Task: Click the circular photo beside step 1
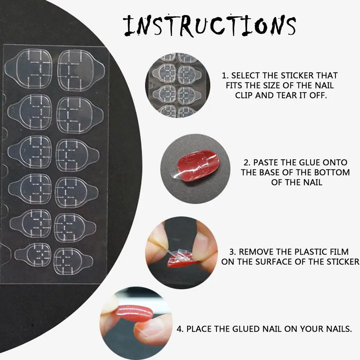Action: click(178, 85)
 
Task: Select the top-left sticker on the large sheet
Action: click(28, 69)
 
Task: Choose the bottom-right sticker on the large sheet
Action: click(73, 261)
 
